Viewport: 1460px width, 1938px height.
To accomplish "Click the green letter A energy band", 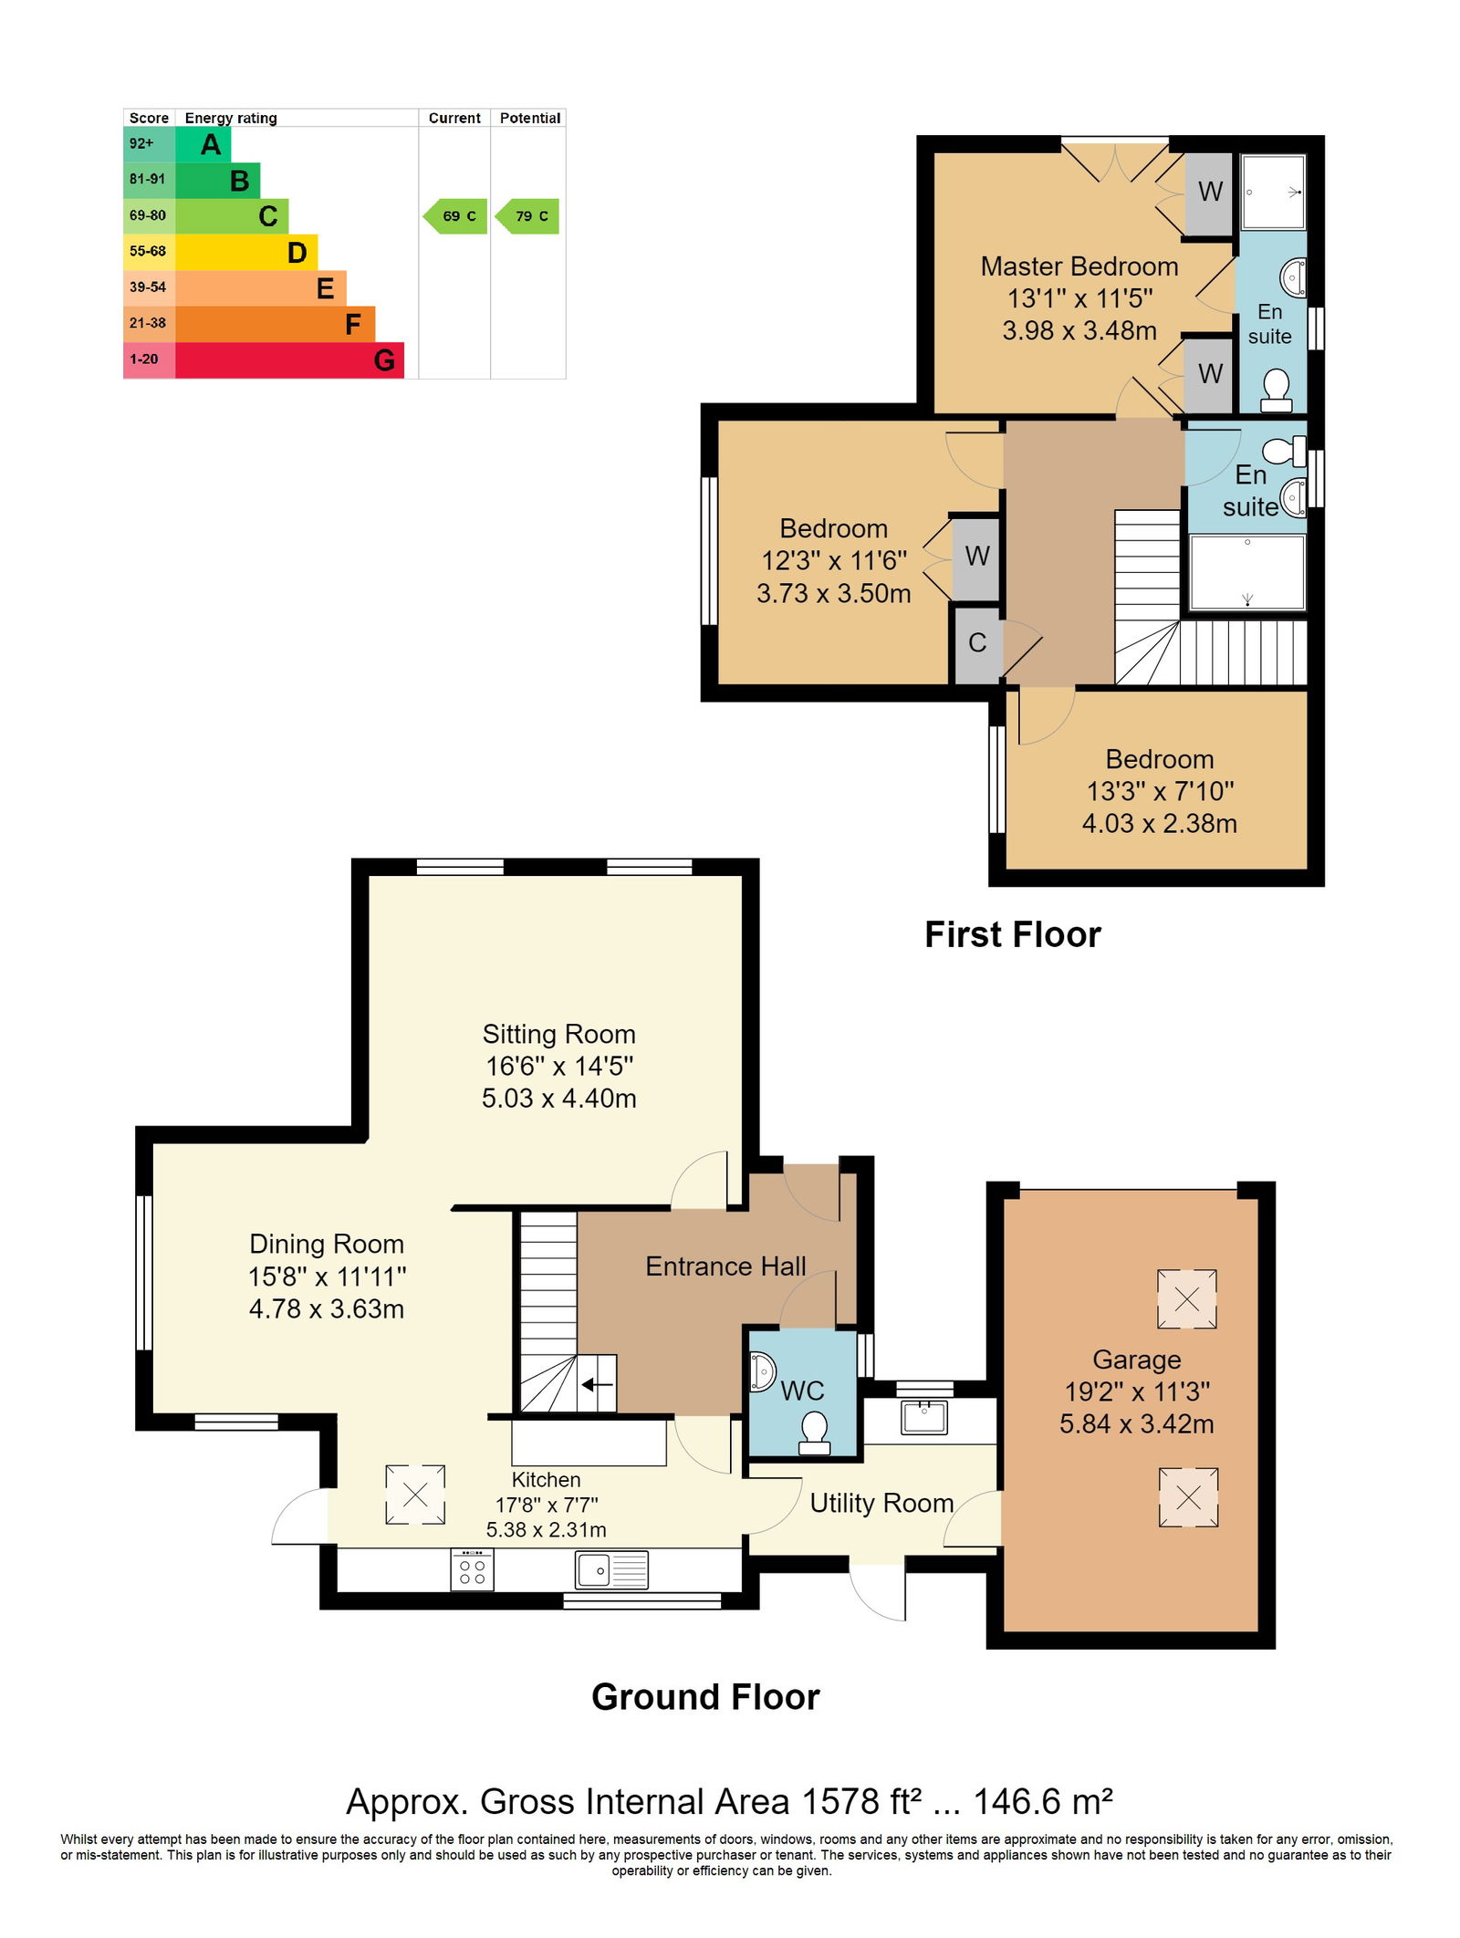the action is click(203, 144).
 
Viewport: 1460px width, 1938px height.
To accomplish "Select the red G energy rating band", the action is click(289, 360).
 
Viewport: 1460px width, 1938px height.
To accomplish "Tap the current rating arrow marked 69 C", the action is click(454, 216).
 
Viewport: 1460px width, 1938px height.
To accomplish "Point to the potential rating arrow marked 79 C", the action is click(527, 216).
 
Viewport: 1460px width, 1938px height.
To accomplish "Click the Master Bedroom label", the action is click(1079, 266).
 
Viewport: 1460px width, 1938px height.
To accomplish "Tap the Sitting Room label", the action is click(558, 1034).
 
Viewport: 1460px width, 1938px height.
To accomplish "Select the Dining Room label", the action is click(327, 1244).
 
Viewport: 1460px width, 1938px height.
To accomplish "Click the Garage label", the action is click(1137, 1360).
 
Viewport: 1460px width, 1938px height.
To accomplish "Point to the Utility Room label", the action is click(881, 1503).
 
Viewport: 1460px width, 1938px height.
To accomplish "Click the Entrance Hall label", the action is click(725, 1266).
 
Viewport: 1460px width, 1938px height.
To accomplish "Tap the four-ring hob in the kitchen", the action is click(473, 1570).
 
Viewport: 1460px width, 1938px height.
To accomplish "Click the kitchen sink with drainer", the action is click(611, 1570).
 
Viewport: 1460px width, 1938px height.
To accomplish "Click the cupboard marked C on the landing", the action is click(976, 643).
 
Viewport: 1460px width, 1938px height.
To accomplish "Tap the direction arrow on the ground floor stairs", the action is click(597, 1385).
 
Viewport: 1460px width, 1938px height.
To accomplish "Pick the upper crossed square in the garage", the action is click(1186, 1298).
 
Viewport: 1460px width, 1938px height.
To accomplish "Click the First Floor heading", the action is click(1013, 935).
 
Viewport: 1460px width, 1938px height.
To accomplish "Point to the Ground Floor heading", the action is click(705, 1697).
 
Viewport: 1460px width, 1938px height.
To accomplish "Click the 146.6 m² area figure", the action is click(1043, 1802).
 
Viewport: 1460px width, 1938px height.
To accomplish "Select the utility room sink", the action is click(923, 1417).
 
